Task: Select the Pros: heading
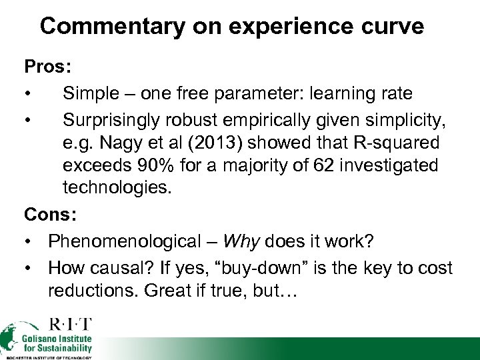tap(47, 67)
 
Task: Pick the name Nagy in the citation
tap(127, 143)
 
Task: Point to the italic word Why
tap(240, 241)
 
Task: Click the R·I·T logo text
tap(70, 325)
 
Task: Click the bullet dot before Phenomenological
tap(29, 241)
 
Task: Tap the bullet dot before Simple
tap(29, 94)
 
